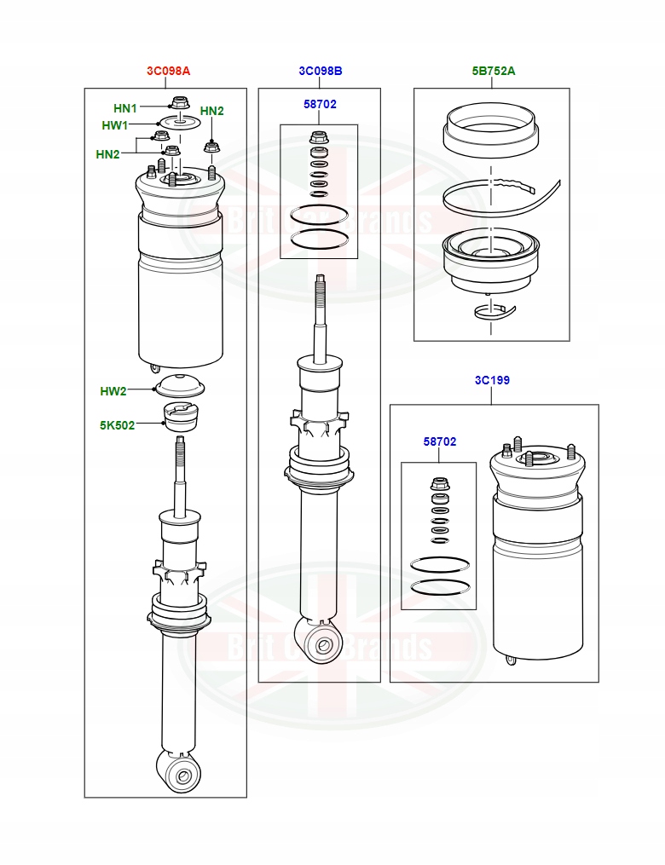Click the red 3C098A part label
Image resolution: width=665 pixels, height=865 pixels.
click(168, 71)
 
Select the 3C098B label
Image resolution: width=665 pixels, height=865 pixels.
click(321, 71)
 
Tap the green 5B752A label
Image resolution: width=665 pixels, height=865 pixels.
click(494, 71)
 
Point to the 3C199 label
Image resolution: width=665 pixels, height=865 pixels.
click(492, 380)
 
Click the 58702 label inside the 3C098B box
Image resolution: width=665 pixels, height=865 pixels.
click(320, 104)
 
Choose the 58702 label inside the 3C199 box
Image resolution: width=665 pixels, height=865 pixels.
click(440, 441)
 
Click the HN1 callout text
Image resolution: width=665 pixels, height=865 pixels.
click(125, 108)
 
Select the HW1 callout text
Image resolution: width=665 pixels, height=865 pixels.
click(114, 125)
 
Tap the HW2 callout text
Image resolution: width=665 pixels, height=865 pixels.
click(113, 391)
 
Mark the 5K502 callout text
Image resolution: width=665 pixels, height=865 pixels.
click(117, 425)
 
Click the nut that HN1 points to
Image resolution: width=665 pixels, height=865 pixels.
click(179, 104)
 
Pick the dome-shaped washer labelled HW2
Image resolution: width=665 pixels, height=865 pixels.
click(179, 384)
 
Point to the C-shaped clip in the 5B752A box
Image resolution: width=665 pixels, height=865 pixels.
click(494, 311)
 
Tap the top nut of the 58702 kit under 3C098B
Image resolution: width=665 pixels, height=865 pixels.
click(319, 138)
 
